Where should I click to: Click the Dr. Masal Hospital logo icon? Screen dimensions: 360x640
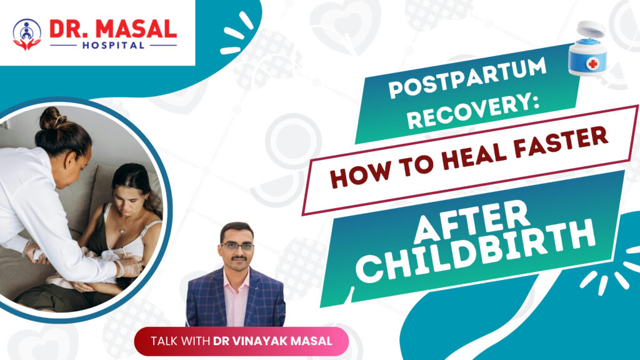click(27, 34)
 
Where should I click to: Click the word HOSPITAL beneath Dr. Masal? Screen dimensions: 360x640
click(113, 46)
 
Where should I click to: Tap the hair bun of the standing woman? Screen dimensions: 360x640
click(54, 118)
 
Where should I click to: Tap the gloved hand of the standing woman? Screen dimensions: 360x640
click(129, 267)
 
